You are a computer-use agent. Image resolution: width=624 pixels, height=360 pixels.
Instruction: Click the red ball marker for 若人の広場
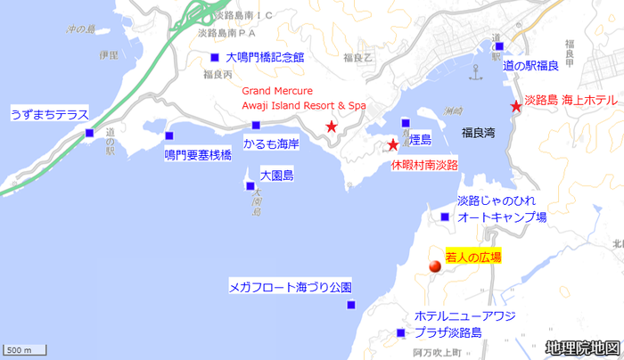tap(435, 266)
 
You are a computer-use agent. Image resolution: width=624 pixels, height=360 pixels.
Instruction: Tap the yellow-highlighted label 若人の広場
tap(473, 257)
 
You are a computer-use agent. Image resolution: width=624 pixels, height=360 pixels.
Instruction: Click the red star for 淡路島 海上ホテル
tap(516, 107)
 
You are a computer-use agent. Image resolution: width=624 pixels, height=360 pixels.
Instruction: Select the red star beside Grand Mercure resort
tap(332, 127)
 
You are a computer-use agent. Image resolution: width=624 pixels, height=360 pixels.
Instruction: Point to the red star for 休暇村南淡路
tap(392, 144)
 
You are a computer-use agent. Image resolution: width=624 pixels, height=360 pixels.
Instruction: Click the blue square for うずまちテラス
tap(89, 134)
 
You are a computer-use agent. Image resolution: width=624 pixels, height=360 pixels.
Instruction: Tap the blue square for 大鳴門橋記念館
tap(214, 58)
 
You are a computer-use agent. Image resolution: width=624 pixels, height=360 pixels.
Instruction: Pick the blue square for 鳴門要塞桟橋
tap(169, 136)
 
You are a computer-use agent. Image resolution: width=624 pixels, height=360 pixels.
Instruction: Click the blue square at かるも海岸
tap(256, 125)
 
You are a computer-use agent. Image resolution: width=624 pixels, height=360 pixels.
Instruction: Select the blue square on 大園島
tap(250, 186)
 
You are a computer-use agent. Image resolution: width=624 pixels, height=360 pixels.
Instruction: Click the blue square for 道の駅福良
tap(499, 46)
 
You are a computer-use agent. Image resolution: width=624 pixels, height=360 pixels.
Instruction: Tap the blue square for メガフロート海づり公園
tap(351, 306)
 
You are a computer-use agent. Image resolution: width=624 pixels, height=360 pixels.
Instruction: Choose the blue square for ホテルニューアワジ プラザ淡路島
tap(398, 334)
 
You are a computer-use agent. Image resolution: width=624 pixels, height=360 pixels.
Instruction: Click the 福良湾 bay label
tap(478, 132)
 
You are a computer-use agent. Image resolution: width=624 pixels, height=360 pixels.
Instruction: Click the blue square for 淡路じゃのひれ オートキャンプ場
tap(445, 217)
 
